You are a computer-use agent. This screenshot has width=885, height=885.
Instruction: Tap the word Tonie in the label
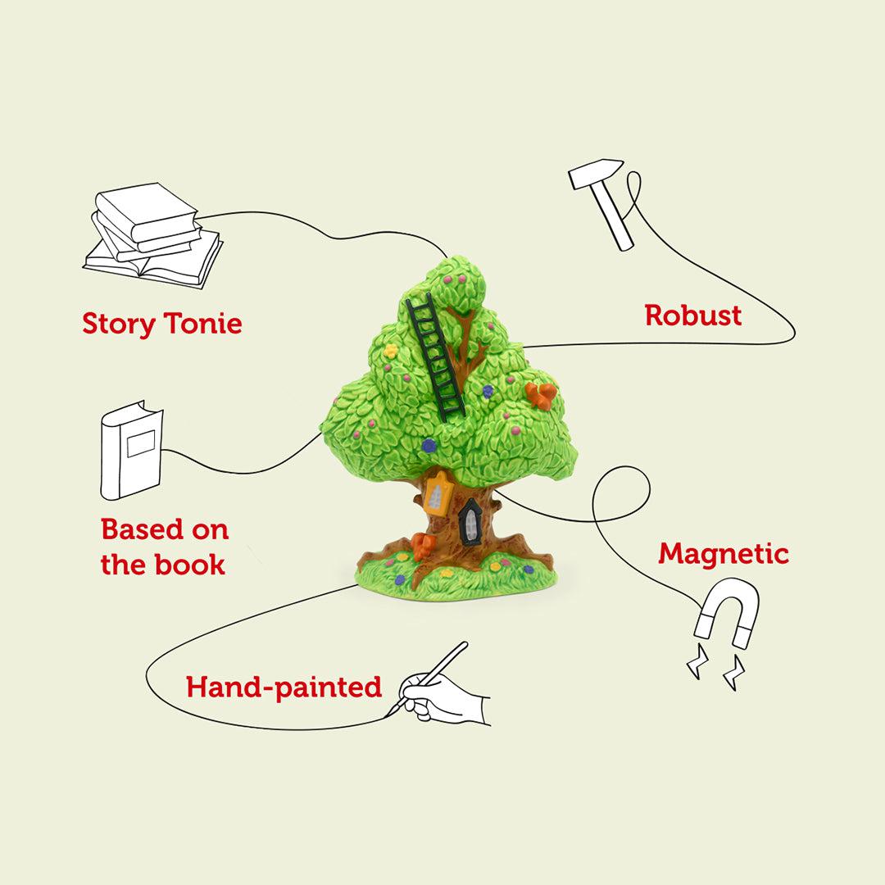203,324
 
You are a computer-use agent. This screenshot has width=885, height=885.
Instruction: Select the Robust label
692,315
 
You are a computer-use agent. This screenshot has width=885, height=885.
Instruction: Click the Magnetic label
724,555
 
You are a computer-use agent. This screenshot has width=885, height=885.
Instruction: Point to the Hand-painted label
284,687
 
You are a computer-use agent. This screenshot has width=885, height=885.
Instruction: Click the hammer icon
605,202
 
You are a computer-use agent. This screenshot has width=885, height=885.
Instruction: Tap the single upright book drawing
131,451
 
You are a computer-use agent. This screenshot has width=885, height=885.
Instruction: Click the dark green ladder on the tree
435,357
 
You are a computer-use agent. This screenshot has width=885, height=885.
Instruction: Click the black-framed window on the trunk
471,522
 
